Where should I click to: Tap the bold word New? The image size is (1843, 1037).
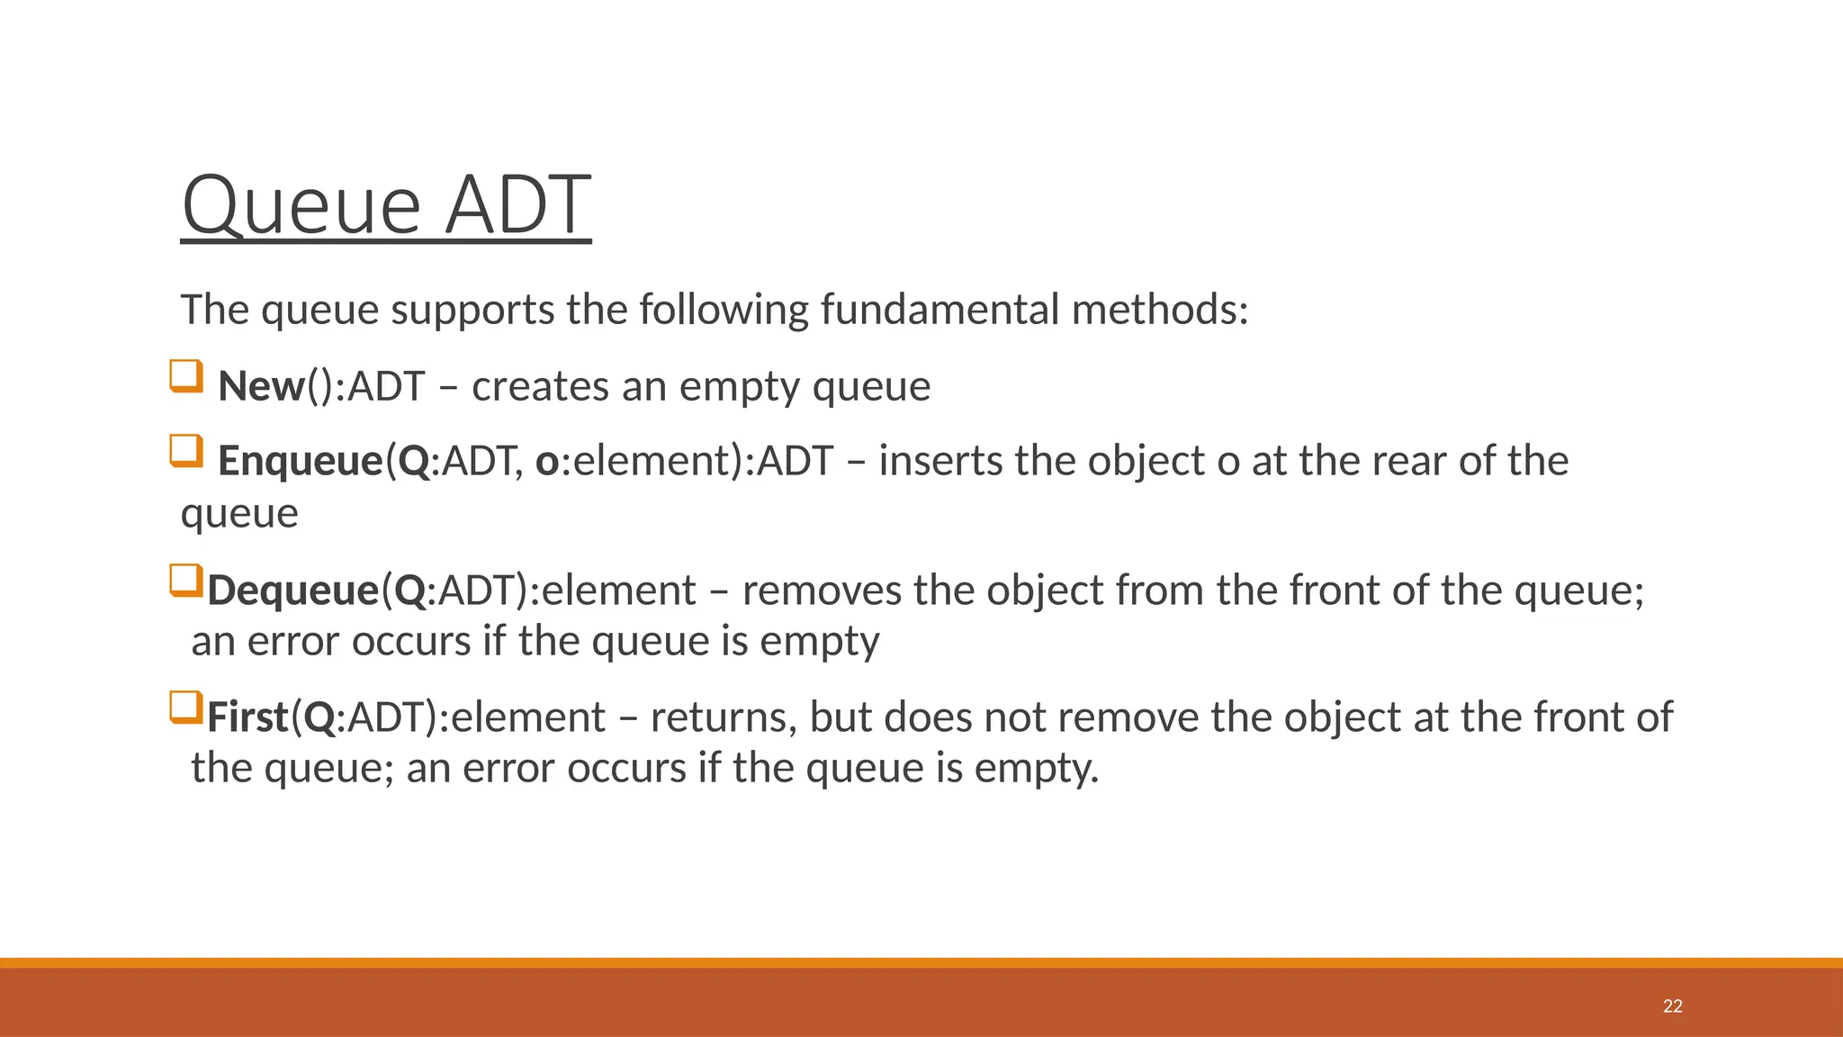point(261,386)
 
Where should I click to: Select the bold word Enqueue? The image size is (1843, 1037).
point(301,461)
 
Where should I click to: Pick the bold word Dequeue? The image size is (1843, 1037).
point(293,591)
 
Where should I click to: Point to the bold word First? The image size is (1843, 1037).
point(247,717)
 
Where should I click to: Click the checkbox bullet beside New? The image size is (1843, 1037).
point(186,375)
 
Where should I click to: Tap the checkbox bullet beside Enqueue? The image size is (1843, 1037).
point(186,450)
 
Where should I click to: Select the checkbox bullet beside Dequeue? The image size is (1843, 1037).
point(186,580)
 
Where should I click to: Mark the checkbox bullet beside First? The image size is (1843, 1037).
point(186,707)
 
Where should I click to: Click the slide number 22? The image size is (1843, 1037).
point(1672,1006)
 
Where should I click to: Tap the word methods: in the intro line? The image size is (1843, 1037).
point(1160,310)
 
